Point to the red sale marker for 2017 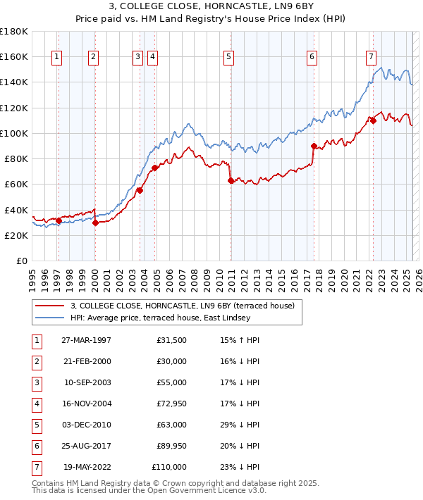click(314, 146)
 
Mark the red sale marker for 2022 click(373, 120)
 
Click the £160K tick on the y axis click(14, 56)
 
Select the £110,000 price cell click(169, 467)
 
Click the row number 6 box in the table click(37, 446)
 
